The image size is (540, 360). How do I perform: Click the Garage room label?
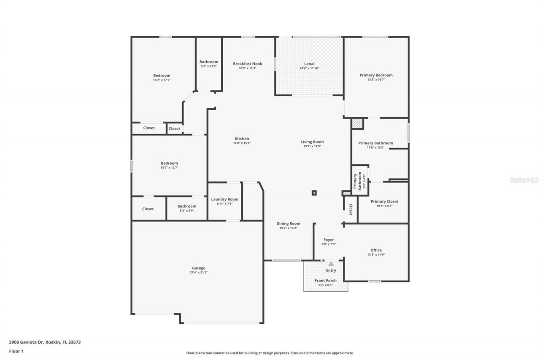point(198,268)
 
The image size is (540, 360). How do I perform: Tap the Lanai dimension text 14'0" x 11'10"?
point(309,68)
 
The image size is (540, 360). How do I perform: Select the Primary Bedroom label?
point(376,75)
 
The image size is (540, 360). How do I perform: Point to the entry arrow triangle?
point(331,263)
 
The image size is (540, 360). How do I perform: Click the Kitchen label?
point(242,138)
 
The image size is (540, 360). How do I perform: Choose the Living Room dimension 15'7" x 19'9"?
point(312,146)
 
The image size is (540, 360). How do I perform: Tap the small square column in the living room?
point(314,193)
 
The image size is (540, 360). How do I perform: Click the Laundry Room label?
point(224,199)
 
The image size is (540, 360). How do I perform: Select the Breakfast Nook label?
point(247,64)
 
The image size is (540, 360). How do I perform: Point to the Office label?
point(375,250)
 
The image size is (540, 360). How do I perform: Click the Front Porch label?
point(325,281)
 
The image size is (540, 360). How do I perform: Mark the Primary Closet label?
point(384,201)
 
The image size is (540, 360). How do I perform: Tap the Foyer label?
point(329,240)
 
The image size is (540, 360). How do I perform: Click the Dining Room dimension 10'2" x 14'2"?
point(288,228)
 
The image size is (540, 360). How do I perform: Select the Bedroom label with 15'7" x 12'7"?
point(169,163)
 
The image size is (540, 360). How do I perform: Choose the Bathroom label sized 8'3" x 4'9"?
point(186,206)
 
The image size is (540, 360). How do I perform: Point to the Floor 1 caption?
point(16,351)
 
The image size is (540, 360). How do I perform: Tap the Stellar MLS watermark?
point(524,180)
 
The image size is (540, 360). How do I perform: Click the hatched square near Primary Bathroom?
point(357,123)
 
